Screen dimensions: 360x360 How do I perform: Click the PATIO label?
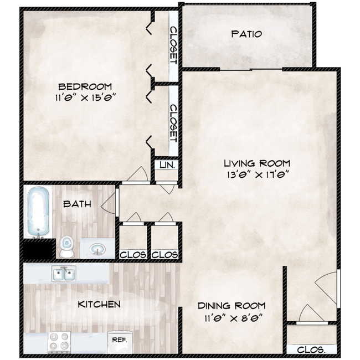[246, 34]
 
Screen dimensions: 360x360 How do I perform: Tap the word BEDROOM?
[85, 86]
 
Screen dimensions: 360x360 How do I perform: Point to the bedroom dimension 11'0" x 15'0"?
[85, 97]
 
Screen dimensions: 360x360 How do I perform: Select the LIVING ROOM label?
[257, 163]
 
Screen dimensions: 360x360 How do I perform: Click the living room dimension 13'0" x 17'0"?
[258, 174]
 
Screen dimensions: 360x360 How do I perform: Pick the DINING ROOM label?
[232, 306]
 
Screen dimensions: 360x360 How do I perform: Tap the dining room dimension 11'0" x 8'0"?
[234, 318]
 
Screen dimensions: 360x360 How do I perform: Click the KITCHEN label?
[99, 304]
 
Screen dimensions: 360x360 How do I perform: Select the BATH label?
[77, 204]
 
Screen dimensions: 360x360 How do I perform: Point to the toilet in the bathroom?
[67, 246]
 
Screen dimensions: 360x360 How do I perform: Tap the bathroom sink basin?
[98, 249]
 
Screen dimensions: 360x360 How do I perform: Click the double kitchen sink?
[64, 273]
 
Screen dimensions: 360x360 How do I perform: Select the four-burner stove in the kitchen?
[59, 342]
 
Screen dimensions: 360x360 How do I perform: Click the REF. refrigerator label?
[120, 340]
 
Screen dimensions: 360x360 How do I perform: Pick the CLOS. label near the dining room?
[311, 350]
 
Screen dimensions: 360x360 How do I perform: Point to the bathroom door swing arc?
[108, 203]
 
